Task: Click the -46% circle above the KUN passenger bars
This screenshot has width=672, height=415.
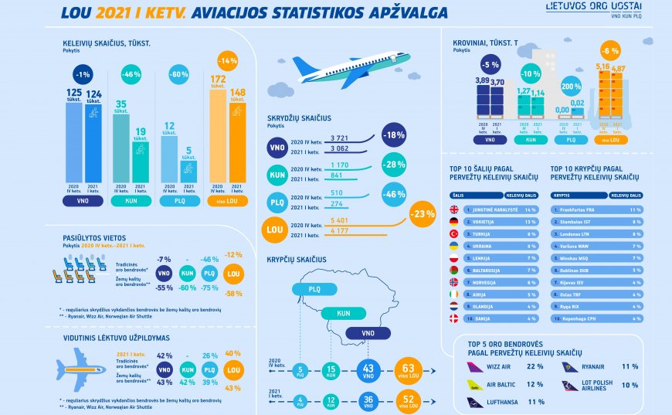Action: click(131, 74)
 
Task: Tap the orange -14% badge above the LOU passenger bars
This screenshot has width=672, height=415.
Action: click(227, 60)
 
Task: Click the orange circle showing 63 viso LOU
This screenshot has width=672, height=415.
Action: click(409, 371)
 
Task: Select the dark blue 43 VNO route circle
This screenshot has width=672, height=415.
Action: click(369, 371)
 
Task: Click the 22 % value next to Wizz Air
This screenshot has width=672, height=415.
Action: click(535, 366)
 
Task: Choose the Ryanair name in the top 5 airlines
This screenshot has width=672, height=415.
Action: click(593, 366)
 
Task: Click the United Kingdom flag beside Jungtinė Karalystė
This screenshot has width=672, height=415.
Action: click(454, 209)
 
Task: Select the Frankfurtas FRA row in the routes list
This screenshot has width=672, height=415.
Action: click(595, 209)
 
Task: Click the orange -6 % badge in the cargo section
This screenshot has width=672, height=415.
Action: click(610, 50)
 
